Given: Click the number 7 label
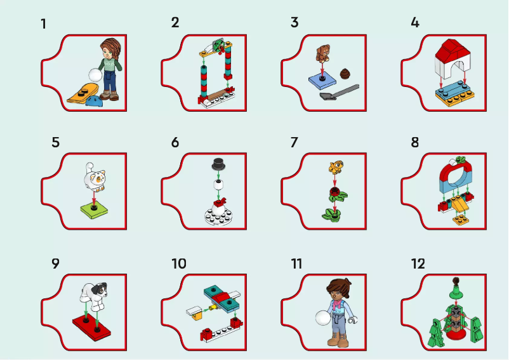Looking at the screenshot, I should point(294,142).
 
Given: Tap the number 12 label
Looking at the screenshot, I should point(418,263).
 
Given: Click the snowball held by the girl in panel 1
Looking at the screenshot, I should point(95,74).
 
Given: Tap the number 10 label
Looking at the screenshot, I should point(178,263).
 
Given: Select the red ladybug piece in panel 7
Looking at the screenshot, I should point(334,192).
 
